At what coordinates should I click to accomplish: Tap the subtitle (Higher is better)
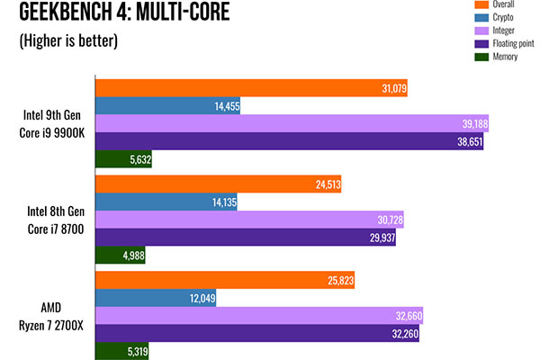pyautogui.click(x=67, y=42)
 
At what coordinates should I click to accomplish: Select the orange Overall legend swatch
pyautogui.click(x=455, y=5)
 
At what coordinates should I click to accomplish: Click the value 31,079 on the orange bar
pyautogui.click(x=387, y=87)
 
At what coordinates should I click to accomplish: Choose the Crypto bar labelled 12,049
pyautogui.click(x=157, y=298)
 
